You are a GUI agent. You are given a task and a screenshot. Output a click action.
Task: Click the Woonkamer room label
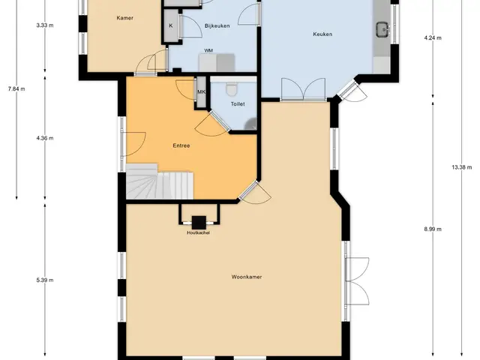point(247,277)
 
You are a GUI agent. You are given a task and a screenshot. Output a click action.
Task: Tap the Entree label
point(181,145)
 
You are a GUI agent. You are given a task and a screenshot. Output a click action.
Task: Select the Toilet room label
point(238,104)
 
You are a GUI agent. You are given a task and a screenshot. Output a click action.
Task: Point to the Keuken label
point(322,34)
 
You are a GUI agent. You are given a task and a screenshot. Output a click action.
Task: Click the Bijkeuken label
point(217,26)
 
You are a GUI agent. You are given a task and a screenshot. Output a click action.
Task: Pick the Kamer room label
point(125,18)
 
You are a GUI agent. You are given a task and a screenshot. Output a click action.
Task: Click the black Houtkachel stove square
point(199,223)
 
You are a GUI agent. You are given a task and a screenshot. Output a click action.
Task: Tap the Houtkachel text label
point(198,232)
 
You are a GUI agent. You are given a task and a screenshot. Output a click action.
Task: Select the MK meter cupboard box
point(201,91)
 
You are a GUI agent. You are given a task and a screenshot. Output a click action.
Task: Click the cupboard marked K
point(171,25)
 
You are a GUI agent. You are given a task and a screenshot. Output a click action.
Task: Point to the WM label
point(208,50)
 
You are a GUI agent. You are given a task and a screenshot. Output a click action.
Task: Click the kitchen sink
point(382,30)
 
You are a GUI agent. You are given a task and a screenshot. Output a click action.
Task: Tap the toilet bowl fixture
point(232,89)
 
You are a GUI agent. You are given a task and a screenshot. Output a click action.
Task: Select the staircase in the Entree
point(160,181)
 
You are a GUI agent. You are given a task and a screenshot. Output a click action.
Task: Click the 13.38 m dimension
point(462,167)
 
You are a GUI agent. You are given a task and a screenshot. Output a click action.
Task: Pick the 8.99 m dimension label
point(433,229)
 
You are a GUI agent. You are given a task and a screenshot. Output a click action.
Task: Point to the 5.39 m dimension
point(45,280)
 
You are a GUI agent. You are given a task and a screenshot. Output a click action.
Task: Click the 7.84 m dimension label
point(16,89)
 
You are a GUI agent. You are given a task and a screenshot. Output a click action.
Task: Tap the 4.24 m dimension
point(433,38)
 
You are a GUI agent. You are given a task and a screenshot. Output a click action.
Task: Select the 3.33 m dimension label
point(45,25)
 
